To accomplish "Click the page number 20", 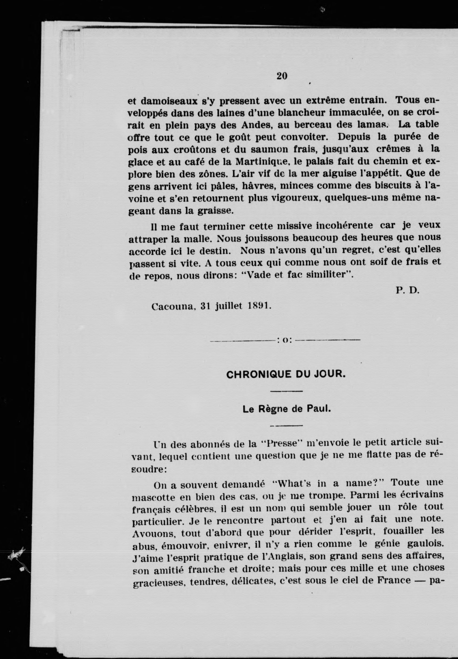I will tap(282, 76).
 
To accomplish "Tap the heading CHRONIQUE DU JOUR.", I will tap(286, 375).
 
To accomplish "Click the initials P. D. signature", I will tap(408, 290).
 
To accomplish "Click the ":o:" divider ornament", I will tap(285, 340).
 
